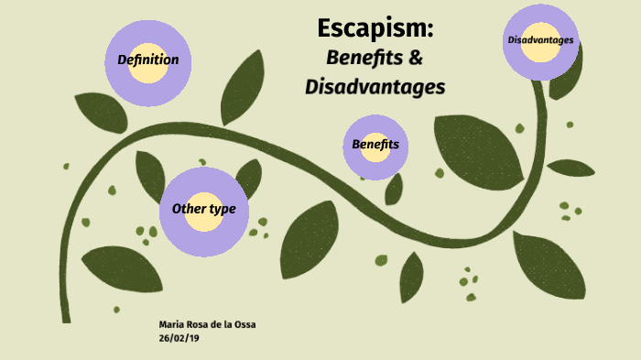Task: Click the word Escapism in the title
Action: (375, 28)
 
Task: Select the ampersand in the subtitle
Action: (414, 59)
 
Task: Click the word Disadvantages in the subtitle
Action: (375, 88)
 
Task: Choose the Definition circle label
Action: (147, 60)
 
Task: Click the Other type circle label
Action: (203, 209)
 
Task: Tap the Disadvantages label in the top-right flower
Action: (540, 40)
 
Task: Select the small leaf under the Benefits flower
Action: (394, 189)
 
